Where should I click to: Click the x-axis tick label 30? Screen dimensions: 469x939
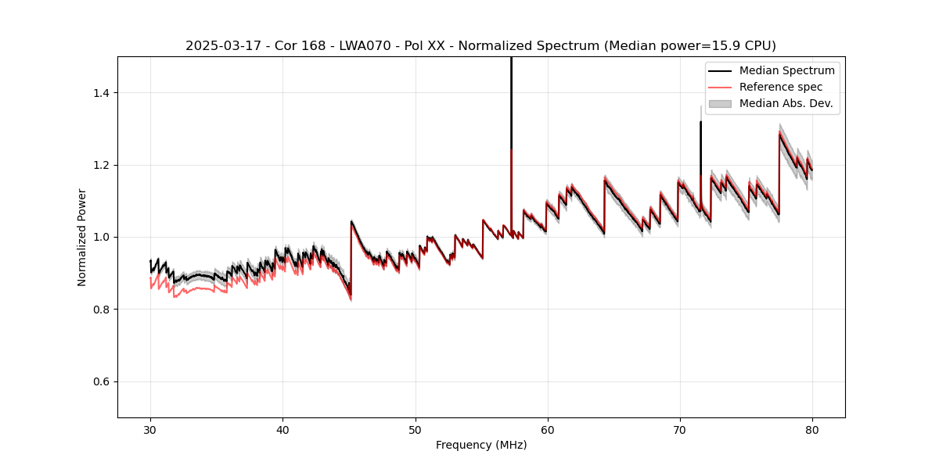click(150, 429)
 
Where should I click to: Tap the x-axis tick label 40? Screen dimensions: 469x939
click(282, 429)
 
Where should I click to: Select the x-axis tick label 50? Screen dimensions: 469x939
click(415, 429)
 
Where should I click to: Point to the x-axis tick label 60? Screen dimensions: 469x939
click(547, 429)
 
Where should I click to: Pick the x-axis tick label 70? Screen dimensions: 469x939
click(679, 429)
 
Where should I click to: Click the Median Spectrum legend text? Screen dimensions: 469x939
click(786, 70)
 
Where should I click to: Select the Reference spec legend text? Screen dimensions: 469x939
click(781, 87)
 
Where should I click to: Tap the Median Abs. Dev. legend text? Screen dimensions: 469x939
click(786, 103)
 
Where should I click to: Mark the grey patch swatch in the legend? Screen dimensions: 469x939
click(720, 103)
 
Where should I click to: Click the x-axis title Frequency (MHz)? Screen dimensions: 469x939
click(481, 445)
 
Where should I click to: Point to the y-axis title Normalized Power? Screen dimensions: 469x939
click(82, 237)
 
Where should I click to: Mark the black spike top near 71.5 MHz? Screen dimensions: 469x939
click(700, 123)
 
